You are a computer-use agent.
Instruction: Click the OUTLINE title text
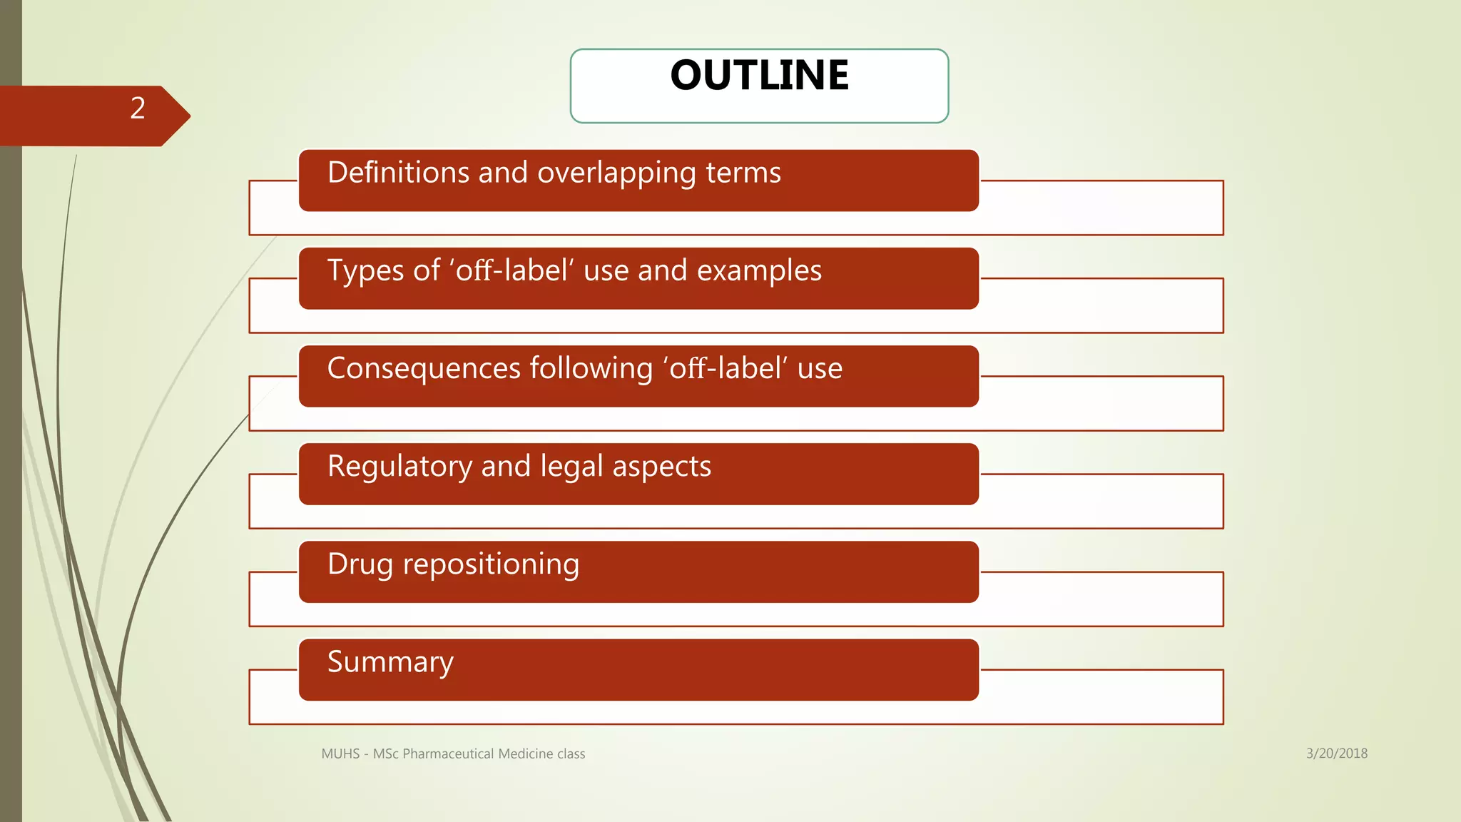[759, 75]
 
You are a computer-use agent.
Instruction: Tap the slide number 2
[138, 108]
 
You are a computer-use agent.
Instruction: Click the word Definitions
[398, 173]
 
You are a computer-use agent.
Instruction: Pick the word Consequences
[424, 369]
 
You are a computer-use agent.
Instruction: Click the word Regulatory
[399, 467]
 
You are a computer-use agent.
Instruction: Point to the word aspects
[661, 467]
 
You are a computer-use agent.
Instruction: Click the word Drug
[360, 564]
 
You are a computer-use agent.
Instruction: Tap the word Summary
[390, 662]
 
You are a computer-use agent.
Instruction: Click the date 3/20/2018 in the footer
[1336, 753]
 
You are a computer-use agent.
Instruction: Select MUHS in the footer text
[340, 754]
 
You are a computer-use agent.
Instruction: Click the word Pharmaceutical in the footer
[447, 754]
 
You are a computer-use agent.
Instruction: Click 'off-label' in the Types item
[511, 271]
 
